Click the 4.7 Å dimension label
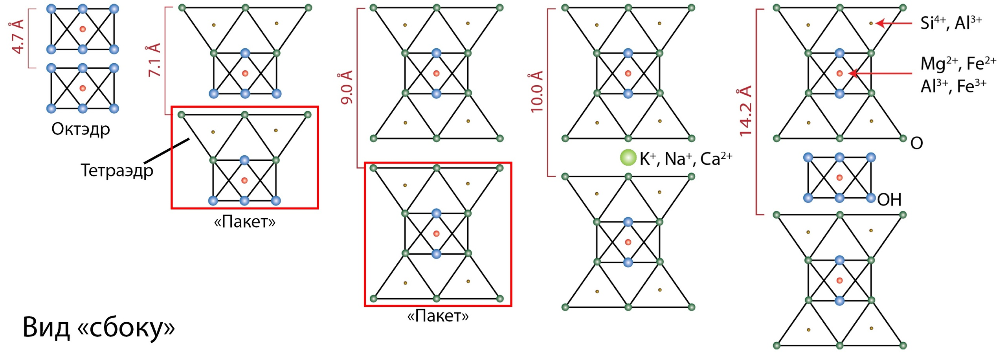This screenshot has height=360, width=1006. pos(18,37)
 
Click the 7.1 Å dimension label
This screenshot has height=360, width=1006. pos(155,60)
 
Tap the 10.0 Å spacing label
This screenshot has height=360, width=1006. pos(537,92)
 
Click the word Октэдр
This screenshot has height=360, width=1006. pos(81,129)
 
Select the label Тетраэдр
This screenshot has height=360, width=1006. pos(117,170)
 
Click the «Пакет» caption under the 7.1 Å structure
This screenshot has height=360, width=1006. pos(244,222)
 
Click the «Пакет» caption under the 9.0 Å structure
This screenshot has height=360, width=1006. pos(438,316)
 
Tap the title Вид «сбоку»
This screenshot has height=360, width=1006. pos(99,327)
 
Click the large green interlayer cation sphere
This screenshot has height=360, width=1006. pos(628,158)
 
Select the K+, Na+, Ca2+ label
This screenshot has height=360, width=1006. pos(686,158)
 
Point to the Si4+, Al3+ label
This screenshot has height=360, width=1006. pos(951,23)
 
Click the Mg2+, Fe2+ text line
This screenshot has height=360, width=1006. pos(958,64)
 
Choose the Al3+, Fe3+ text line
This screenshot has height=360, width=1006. pos(953,86)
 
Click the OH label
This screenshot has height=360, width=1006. pos(889,200)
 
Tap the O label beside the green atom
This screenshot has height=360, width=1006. pos(916,143)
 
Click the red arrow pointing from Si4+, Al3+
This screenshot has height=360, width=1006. pos(894,24)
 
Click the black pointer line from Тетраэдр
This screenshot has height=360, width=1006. pos(167,150)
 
